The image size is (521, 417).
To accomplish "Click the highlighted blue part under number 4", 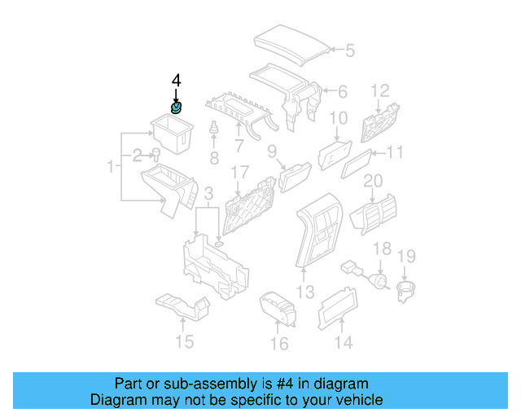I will [176, 107].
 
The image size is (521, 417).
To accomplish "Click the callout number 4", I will [176, 81].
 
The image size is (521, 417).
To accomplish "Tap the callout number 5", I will [349, 50].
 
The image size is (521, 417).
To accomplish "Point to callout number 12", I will [381, 90].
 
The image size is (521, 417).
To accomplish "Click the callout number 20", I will [373, 180].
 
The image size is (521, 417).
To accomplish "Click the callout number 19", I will [406, 257].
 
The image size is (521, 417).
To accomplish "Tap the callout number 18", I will [381, 248].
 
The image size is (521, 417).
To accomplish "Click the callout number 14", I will [344, 343].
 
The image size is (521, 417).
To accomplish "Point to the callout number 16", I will [279, 344].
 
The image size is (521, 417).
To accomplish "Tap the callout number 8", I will [214, 158].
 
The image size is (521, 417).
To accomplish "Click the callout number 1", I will [111, 167].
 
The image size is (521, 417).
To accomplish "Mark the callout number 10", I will [338, 119].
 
